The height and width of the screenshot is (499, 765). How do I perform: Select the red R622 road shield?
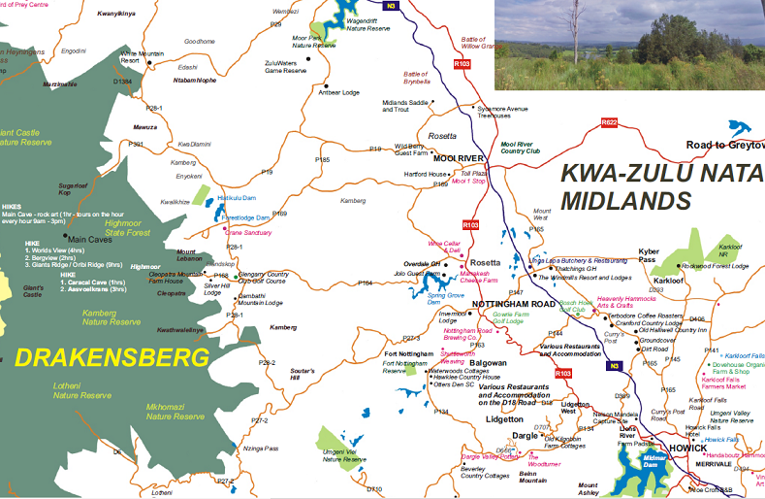coord(609,123)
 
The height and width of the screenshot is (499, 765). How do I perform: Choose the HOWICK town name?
coord(689,449)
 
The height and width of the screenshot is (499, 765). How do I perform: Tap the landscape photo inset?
coord(629,45)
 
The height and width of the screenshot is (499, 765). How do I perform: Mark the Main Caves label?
coord(89,239)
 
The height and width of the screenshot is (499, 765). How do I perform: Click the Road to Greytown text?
coord(724,145)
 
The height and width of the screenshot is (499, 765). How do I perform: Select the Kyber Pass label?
coord(649,256)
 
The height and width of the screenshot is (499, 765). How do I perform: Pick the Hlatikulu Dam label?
coord(236,197)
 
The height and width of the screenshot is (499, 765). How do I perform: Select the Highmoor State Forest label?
coord(129,228)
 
